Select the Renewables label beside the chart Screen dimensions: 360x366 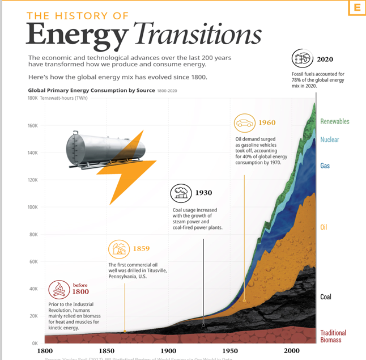[x=334, y=121]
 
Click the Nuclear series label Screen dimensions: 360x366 [x=329, y=139]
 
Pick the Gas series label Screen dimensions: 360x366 [x=325, y=166]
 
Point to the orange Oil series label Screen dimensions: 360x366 [x=324, y=227]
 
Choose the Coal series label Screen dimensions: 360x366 [x=325, y=297]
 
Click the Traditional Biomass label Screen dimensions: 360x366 [x=333, y=336]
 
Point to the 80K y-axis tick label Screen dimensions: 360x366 [x=32, y=234]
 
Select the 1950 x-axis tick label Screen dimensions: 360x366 [x=230, y=351]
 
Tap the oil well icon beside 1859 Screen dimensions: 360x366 [x=119, y=249]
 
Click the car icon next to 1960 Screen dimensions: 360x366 [x=244, y=123]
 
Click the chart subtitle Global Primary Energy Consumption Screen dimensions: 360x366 [x=91, y=90]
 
